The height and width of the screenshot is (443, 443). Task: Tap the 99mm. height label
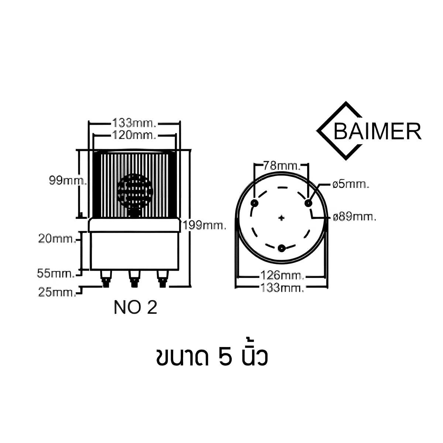click(68, 181)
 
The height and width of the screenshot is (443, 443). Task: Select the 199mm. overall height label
click(204, 225)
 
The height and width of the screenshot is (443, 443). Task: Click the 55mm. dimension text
click(56, 273)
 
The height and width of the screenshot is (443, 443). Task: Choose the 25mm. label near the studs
click(57, 292)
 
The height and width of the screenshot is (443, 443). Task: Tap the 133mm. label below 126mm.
click(282, 287)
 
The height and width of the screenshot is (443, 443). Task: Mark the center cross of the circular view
click(282, 217)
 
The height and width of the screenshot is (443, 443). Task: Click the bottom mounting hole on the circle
click(282, 248)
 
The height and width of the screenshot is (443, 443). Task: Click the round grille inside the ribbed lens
click(135, 192)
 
